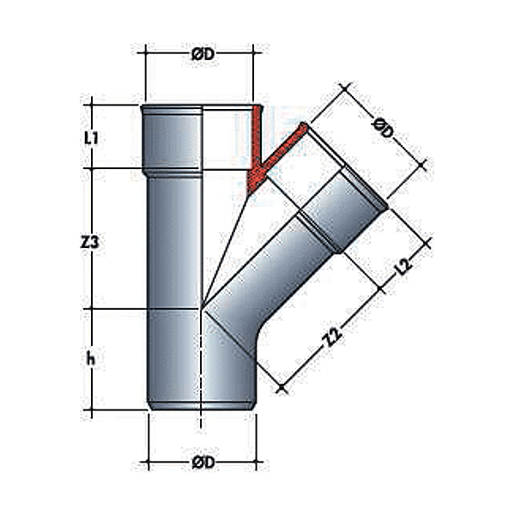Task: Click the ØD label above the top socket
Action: tap(202, 55)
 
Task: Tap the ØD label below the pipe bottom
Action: tap(202, 463)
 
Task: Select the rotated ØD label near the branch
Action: tap(384, 130)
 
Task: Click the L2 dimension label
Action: tap(403, 268)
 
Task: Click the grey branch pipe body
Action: tap(275, 275)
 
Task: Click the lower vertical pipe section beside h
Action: tap(176, 360)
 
